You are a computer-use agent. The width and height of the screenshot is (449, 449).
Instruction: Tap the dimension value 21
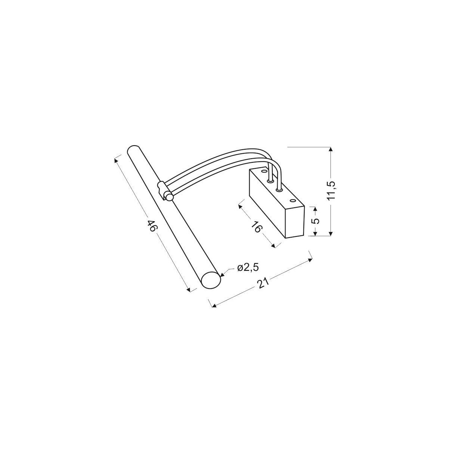coord(263,285)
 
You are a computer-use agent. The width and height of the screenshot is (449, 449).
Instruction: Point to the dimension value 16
coord(257,226)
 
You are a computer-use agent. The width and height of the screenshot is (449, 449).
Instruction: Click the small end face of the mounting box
coord(294,221)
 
